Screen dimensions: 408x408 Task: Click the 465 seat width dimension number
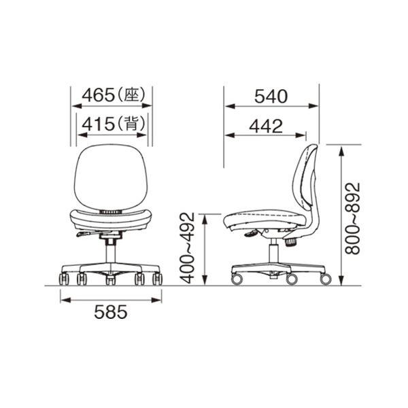(x=98, y=95)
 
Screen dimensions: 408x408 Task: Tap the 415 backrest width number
(x=98, y=124)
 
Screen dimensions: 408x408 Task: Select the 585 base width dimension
(x=111, y=312)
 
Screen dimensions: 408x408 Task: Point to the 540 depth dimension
(x=271, y=97)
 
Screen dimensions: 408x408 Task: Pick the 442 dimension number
(x=266, y=126)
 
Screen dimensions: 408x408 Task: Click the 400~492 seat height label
(x=188, y=248)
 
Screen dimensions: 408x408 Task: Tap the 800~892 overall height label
(x=352, y=218)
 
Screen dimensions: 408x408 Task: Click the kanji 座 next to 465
(x=131, y=95)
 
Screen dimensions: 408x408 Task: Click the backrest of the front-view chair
(x=111, y=177)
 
